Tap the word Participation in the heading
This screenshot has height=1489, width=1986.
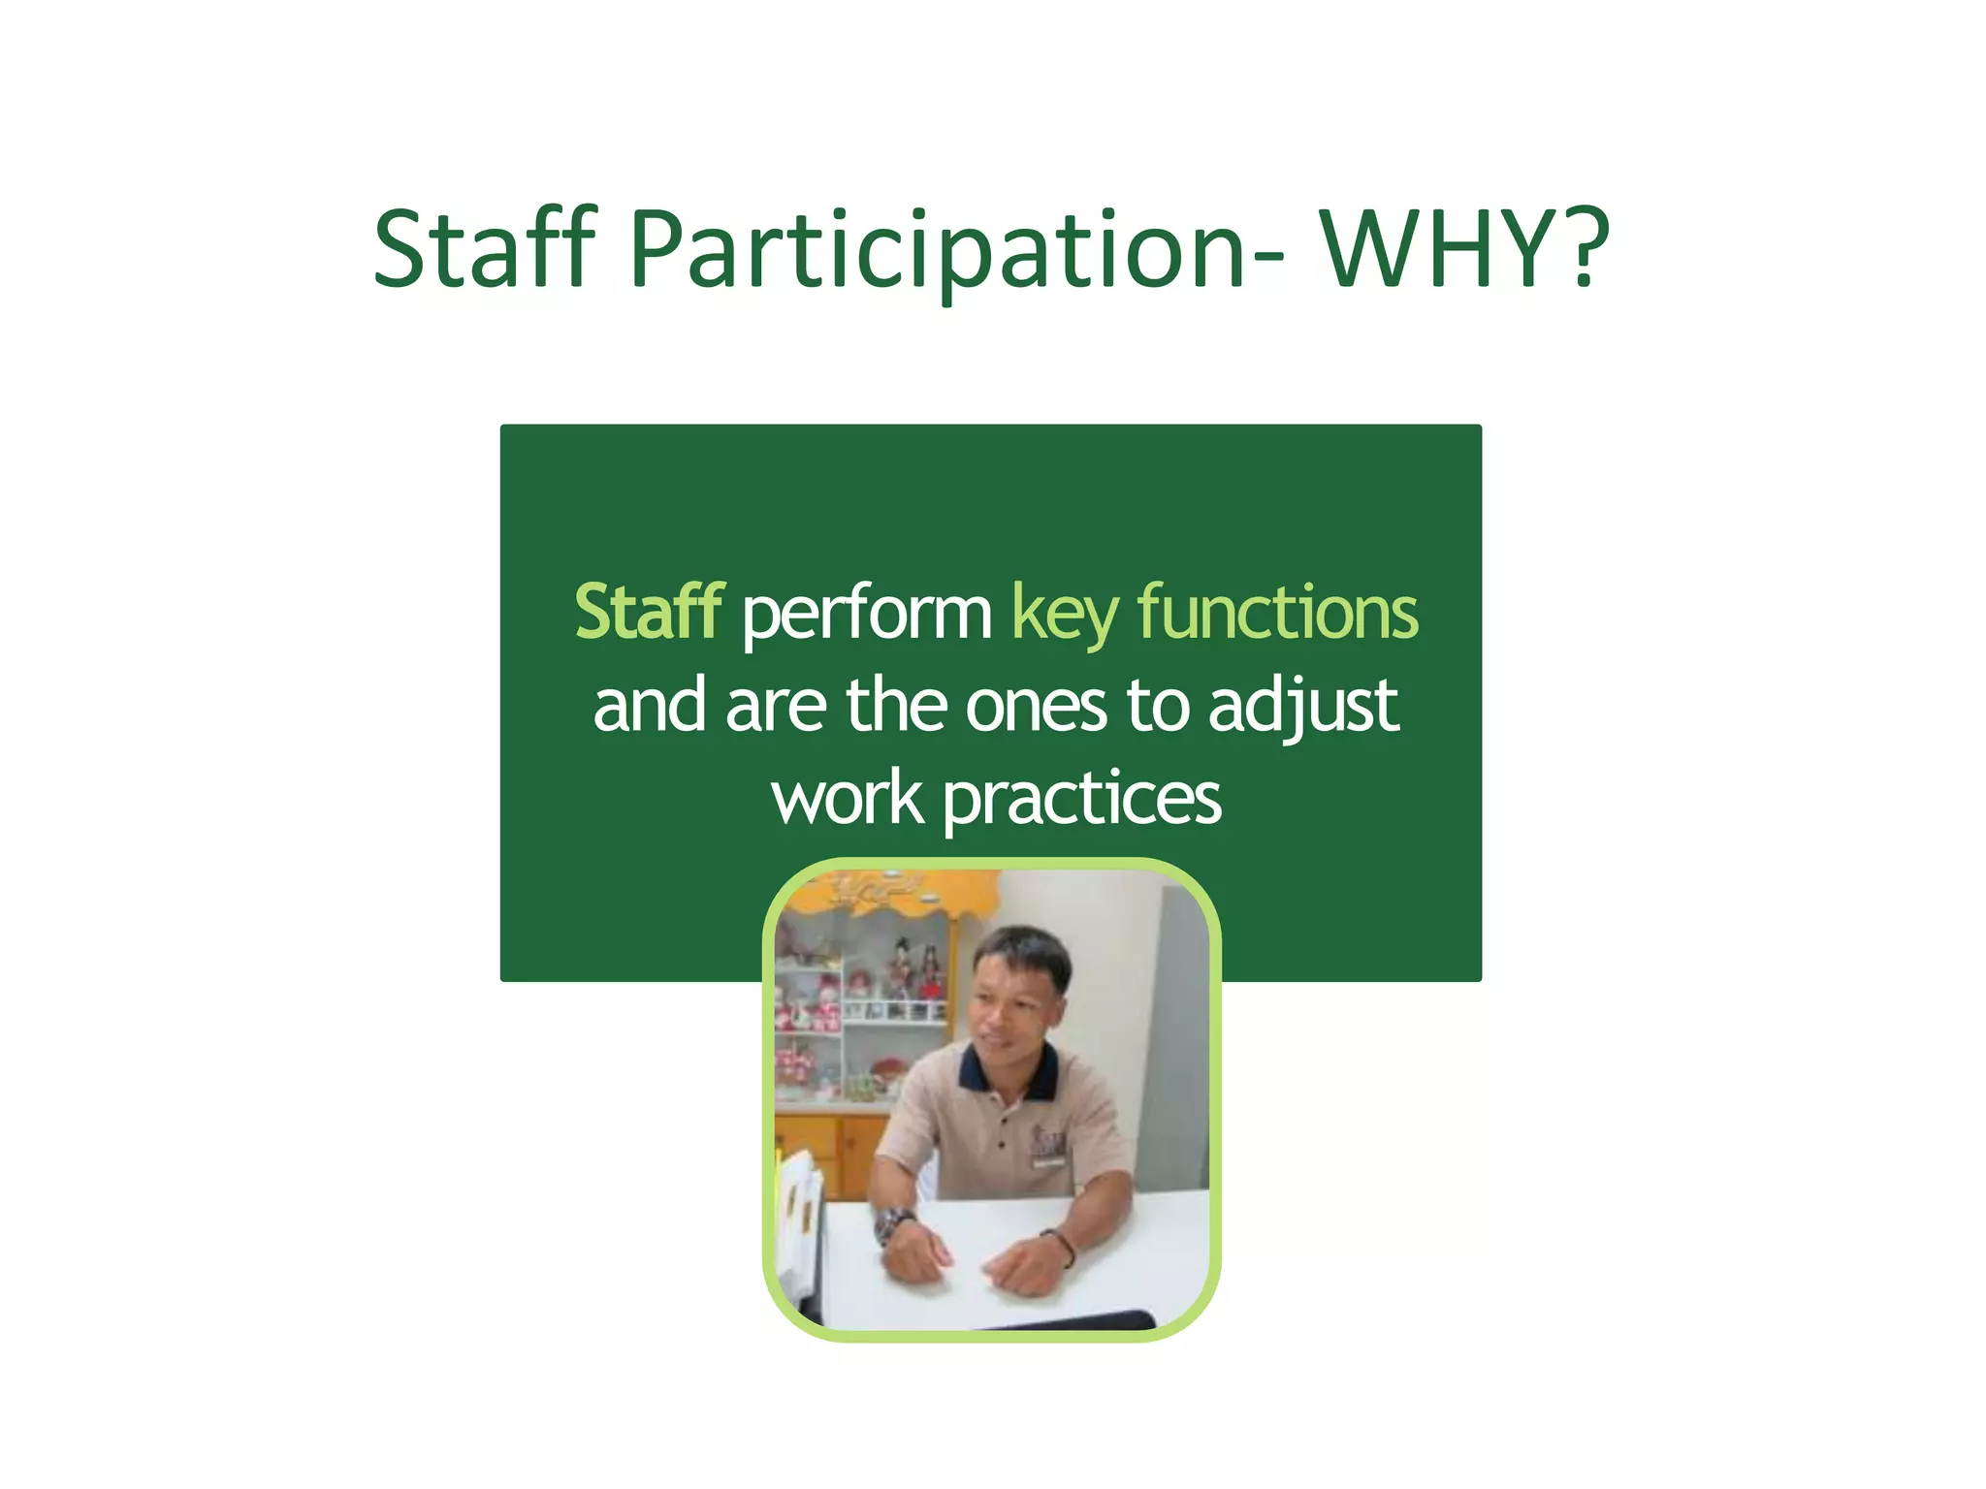coord(937,251)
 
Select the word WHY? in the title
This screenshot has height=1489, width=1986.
coord(1465,249)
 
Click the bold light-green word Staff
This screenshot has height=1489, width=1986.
coord(649,613)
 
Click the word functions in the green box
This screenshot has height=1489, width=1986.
coord(1278,613)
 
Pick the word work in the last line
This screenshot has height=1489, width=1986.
coord(848,799)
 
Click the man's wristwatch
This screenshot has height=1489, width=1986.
coord(891,1224)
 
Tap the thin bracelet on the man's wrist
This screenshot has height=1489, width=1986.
coord(1064,1245)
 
